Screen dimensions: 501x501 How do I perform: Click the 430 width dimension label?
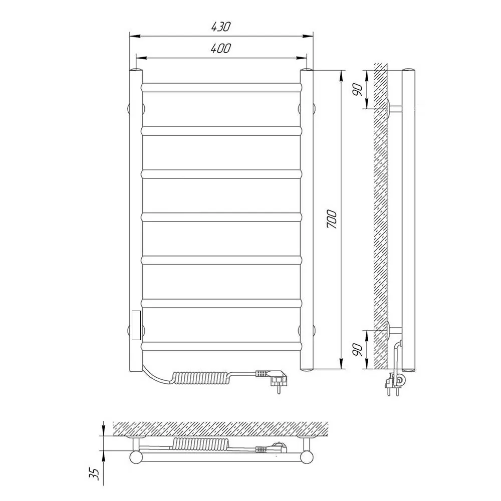tap(220, 27)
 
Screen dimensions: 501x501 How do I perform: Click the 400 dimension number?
tap(220, 48)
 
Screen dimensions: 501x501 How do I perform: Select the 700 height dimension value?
tap(332, 219)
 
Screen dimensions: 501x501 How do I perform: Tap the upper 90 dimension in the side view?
tap(358, 90)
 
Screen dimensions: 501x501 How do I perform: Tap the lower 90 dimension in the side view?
tap(358, 350)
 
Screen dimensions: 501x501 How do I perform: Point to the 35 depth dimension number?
tap(95, 474)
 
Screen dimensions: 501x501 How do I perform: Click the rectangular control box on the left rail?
tap(136, 325)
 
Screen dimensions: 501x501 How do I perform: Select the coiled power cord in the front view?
tap(200, 377)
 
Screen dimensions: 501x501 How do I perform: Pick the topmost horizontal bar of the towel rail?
tap(221, 88)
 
